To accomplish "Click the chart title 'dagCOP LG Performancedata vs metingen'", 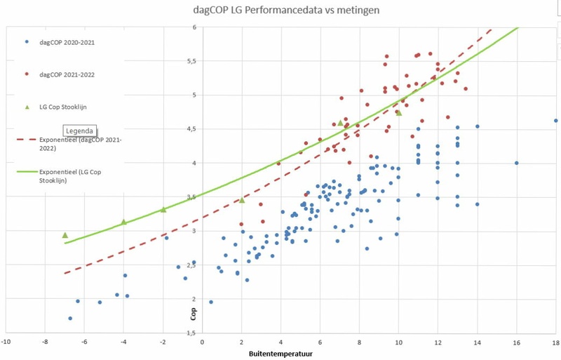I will [288, 11].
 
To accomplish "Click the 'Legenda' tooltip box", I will [79, 131].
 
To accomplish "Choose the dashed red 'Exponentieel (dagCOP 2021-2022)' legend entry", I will [70, 144].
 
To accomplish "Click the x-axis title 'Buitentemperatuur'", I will [280, 354].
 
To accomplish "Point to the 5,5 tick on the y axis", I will [191, 61].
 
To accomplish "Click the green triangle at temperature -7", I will [65, 235].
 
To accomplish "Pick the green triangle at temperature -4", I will [123, 222].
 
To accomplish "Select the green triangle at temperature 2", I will [242, 200].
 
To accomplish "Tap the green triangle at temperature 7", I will [341, 123].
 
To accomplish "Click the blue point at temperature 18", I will [555, 121].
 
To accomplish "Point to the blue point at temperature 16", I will [516, 163].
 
